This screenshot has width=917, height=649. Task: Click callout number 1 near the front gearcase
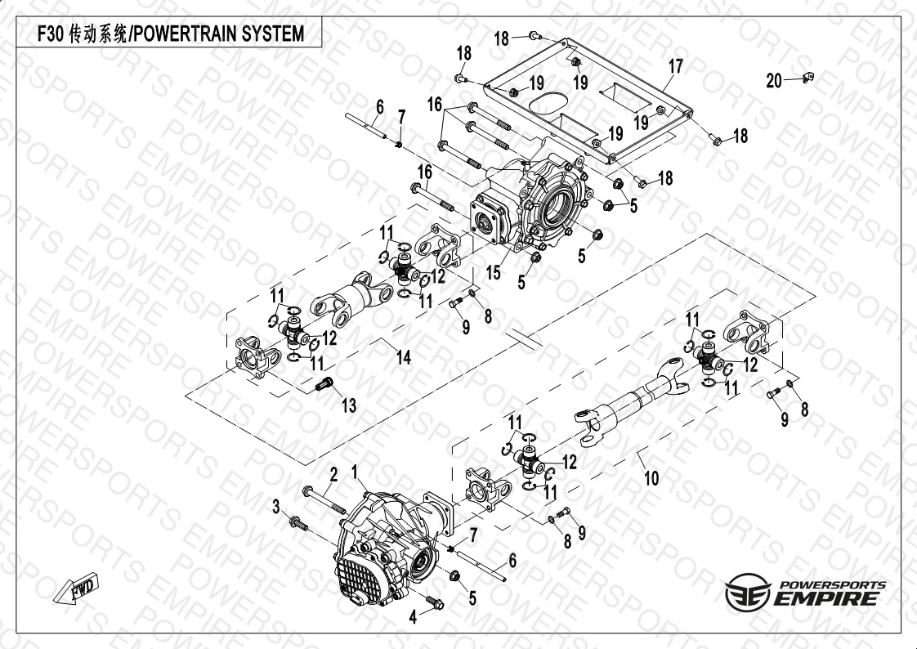point(356,472)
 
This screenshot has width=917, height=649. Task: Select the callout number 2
point(333,474)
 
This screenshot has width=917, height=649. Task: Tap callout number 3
point(276,507)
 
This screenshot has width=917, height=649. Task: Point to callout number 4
point(414,617)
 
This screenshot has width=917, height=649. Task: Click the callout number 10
point(651,479)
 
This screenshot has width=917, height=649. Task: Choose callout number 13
point(349,405)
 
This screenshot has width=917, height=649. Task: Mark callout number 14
point(403,356)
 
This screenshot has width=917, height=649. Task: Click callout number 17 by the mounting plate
point(675,66)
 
